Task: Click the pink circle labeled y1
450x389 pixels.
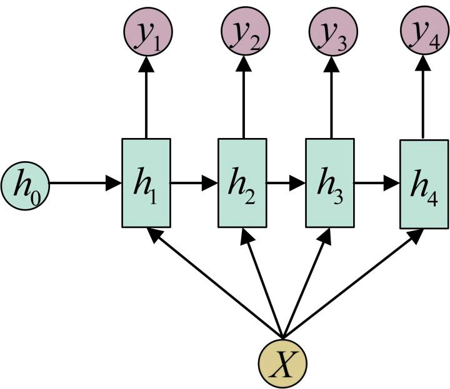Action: pos(148,31)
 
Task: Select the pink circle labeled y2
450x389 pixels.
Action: pos(246,31)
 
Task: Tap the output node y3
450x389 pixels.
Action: pos(333,31)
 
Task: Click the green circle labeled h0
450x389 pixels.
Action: pos(25,185)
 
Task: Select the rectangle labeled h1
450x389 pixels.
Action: pos(146,183)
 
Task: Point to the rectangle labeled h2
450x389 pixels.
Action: pos(242,183)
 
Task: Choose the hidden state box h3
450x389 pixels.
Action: pos(330,183)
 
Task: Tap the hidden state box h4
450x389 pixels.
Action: pos(424,184)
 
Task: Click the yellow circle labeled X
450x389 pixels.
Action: pos(282,363)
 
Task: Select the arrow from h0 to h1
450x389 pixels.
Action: pos(86,183)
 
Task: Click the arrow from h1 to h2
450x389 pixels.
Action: pos(194,183)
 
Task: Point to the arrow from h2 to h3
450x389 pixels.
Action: pos(286,183)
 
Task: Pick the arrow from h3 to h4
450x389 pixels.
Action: pos(377,183)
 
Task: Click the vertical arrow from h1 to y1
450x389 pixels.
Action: pos(146,97)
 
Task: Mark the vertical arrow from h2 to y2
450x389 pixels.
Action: pos(244,97)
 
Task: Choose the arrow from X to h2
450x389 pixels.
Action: pos(263,283)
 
